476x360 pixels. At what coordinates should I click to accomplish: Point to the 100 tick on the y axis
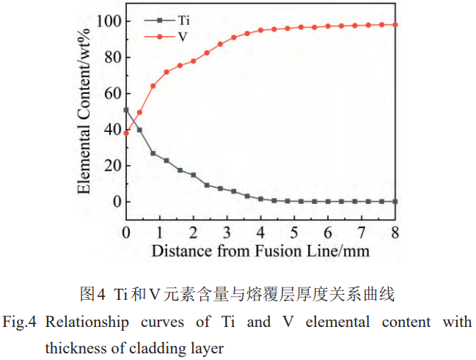click(x=106, y=21)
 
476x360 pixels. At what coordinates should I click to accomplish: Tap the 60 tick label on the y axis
click(x=110, y=93)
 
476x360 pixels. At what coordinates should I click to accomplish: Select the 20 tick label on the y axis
click(x=110, y=166)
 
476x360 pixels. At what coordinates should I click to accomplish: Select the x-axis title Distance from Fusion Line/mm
click(x=260, y=251)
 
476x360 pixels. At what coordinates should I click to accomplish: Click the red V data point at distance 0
click(x=126, y=133)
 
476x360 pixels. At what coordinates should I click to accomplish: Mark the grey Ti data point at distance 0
click(x=126, y=110)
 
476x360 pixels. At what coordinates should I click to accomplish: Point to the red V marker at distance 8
click(x=395, y=24)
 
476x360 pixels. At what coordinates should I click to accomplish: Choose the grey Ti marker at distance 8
click(x=395, y=201)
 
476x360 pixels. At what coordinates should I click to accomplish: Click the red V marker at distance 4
click(x=260, y=30)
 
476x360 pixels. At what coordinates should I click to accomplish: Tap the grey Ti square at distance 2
click(x=193, y=175)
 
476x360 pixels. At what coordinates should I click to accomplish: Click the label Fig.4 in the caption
click(x=20, y=323)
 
